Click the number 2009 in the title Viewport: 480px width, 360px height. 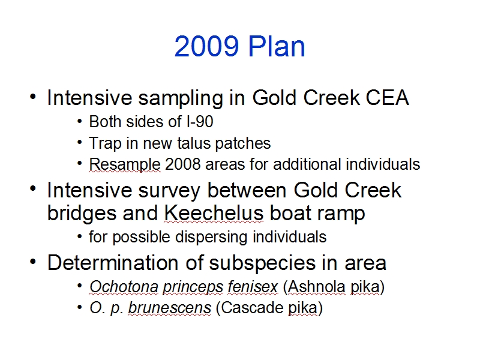(x=206, y=46)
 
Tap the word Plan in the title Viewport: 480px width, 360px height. (x=277, y=46)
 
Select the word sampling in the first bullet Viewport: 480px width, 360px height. (x=181, y=98)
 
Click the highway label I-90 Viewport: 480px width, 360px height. (x=200, y=122)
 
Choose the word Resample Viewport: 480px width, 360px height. (x=125, y=164)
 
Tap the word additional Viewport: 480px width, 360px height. (x=307, y=164)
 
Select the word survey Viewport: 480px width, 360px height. (x=169, y=191)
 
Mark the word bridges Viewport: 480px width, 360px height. (x=82, y=214)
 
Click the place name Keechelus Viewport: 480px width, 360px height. (x=214, y=213)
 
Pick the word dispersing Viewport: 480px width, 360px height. (x=211, y=237)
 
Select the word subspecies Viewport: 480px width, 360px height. (x=262, y=263)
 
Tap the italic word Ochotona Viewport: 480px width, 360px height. (x=124, y=287)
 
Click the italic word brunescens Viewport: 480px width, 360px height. (x=169, y=308)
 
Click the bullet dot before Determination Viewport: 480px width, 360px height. (x=33, y=262)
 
